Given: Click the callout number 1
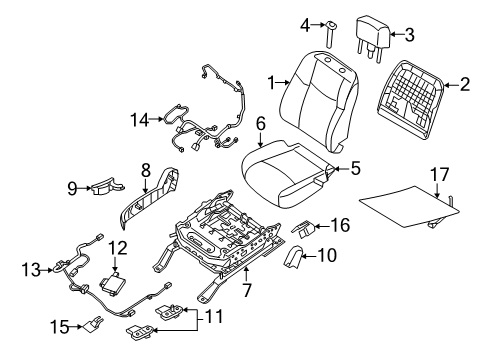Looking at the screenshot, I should click(x=270, y=79).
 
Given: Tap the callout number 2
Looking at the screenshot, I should click(x=463, y=86).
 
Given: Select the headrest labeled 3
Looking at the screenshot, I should click(x=374, y=39).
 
